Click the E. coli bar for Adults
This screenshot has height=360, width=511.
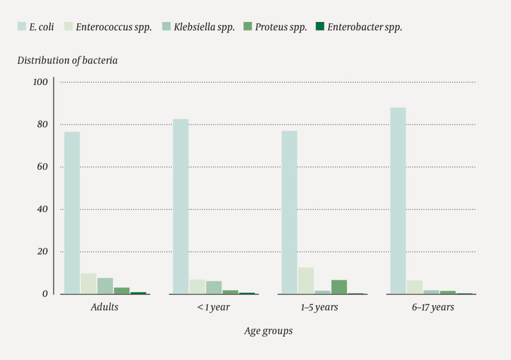tap(72, 213)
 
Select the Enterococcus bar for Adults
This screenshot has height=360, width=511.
tap(88, 284)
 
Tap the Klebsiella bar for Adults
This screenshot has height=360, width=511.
tap(105, 286)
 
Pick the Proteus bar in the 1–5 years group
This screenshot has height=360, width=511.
tap(339, 287)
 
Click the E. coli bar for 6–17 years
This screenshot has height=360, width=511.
tap(398, 200)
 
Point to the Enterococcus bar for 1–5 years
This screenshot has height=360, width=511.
tap(306, 281)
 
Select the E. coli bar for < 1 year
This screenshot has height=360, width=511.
tap(181, 206)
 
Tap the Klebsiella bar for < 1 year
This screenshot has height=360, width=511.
tap(214, 288)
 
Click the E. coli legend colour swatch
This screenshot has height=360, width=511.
tap(22, 26)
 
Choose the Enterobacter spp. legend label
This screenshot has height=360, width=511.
tap(364, 27)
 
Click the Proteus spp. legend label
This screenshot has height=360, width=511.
tap(281, 27)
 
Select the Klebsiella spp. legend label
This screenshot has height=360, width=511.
tap(204, 27)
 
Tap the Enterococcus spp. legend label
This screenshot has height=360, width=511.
tap(114, 27)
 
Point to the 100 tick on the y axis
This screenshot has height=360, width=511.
tap(40, 82)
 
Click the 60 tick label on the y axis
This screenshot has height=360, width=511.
tap(41, 167)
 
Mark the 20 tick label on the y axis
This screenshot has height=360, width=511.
tap(41, 251)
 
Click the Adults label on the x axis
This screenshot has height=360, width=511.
tap(105, 307)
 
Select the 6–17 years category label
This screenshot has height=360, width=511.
tap(433, 307)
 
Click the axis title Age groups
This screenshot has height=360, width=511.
tap(268, 331)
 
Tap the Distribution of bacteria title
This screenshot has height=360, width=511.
tap(67, 60)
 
